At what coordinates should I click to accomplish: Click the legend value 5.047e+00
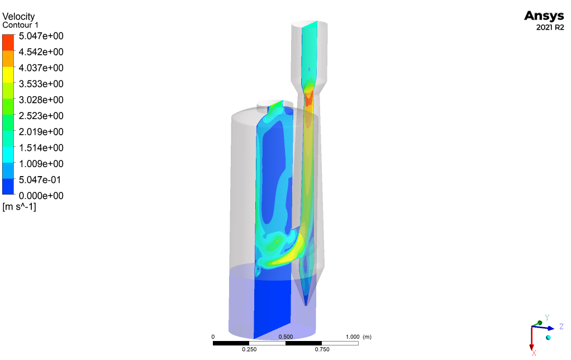pyautogui.click(x=41, y=36)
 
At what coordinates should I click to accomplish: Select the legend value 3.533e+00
pyautogui.click(x=41, y=84)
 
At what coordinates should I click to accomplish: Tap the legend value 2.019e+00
pyautogui.click(x=41, y=132)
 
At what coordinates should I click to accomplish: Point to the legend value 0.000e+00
pyautogui.click(x=41, y=196)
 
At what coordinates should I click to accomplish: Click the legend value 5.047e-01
pyautogui.click(x=40, y=179)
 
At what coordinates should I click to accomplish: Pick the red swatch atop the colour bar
pyautogui.click(x=8, y=42)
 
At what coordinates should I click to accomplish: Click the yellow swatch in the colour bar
pyautogui.click(x=8, y=74)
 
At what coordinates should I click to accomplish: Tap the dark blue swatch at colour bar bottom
pyautogui.click(x=8, y=186)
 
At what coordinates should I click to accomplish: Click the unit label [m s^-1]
pyautogui.click(x=20, y=207)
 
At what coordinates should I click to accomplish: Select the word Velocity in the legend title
pyautogui.click(x=18, y=16)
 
